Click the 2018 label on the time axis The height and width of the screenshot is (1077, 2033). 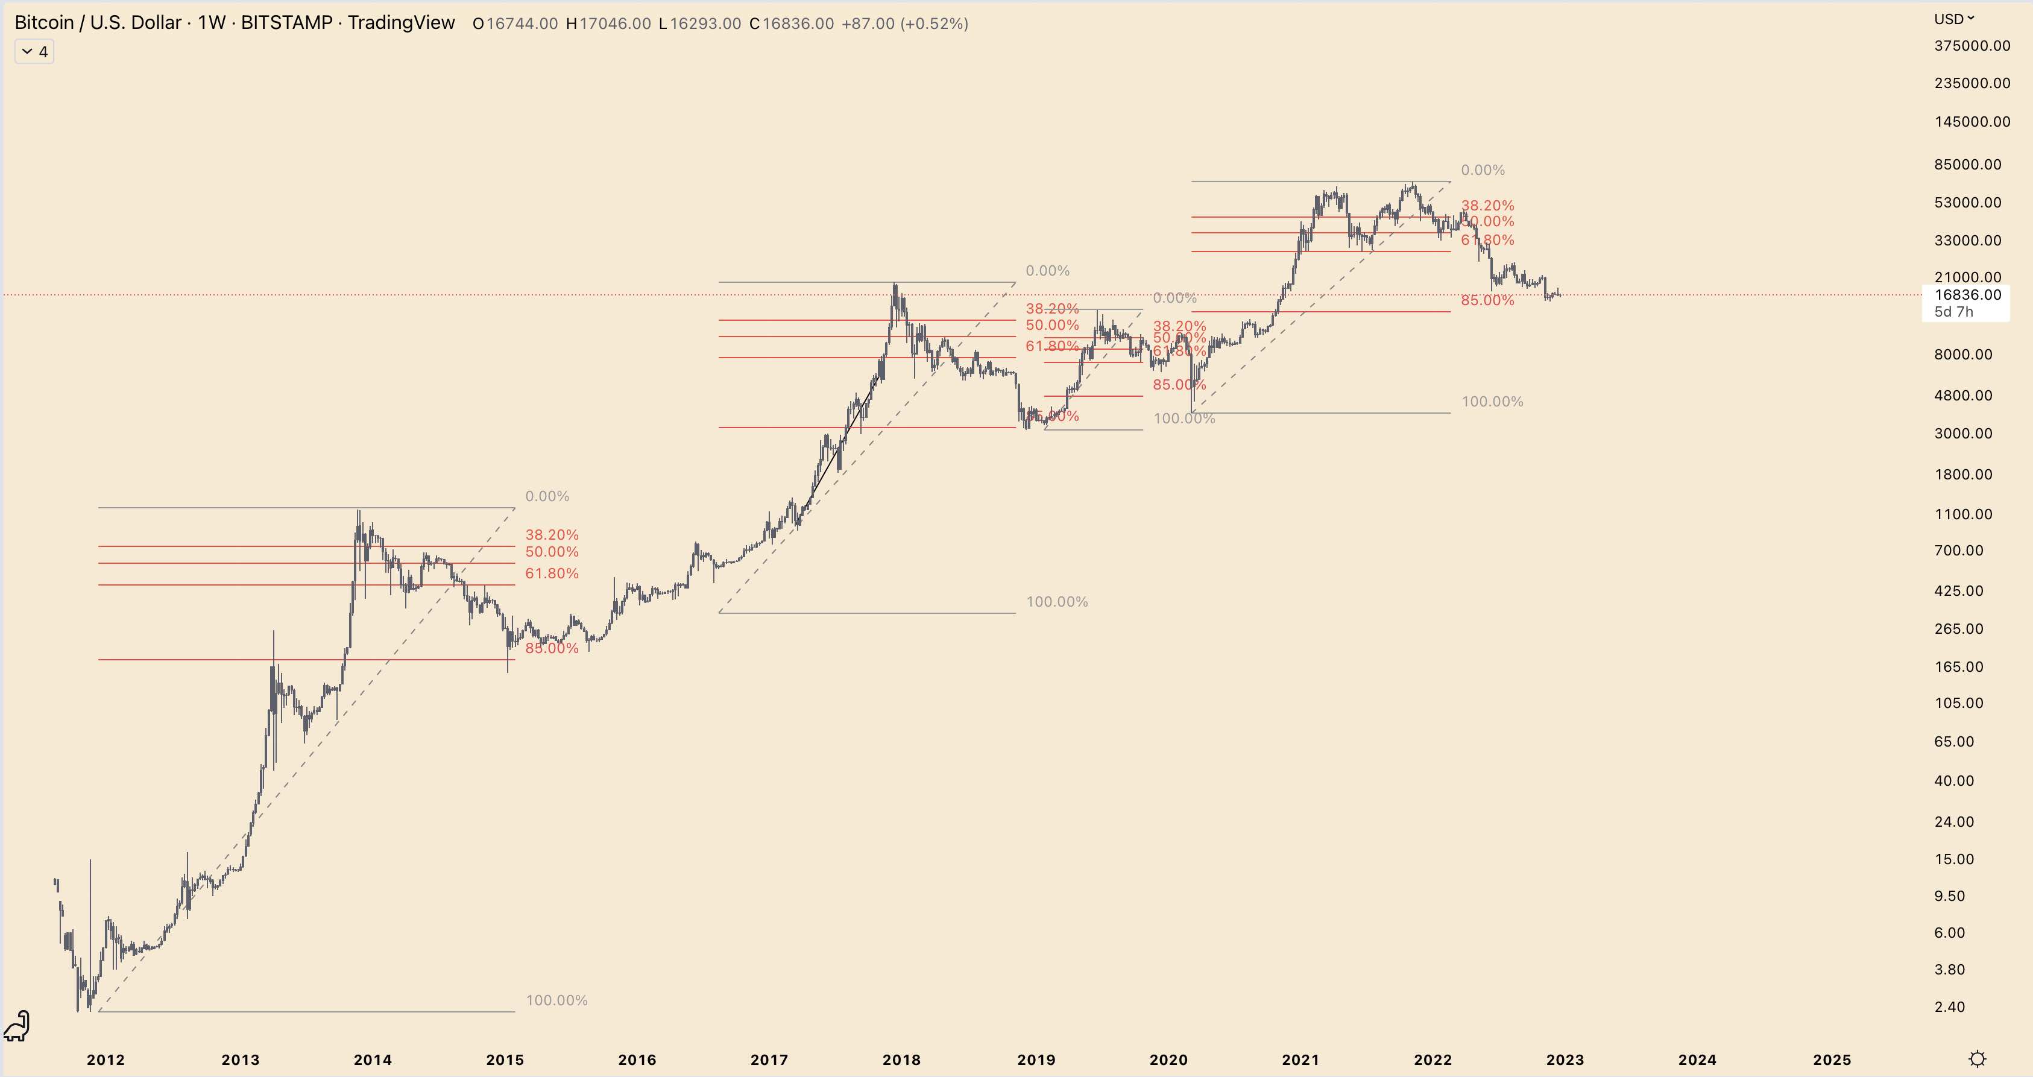coord(901,1060)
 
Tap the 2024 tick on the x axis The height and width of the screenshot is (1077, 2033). coord(1697,1060)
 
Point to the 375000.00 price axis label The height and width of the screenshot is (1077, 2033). coord(1972,46)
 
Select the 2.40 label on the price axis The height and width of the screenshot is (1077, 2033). coord(1949,1006)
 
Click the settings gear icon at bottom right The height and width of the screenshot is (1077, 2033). coord(1977,1058)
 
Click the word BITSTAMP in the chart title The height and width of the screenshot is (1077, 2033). coord(286,23)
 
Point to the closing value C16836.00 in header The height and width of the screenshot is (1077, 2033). coord(792,24)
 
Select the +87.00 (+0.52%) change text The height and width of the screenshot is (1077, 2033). coord(904,24)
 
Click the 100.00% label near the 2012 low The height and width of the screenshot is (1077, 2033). coord(556,1000)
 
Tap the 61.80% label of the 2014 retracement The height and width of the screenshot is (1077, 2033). coord(552,573)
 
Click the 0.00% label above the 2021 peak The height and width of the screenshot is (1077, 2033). coord(1482,170)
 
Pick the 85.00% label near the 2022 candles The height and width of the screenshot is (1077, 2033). coord(1487,300)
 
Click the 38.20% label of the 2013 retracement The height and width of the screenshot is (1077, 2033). coord(552,534)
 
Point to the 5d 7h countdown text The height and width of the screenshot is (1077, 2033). coord(1953,312)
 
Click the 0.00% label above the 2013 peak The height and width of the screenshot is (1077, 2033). coord(547,496)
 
